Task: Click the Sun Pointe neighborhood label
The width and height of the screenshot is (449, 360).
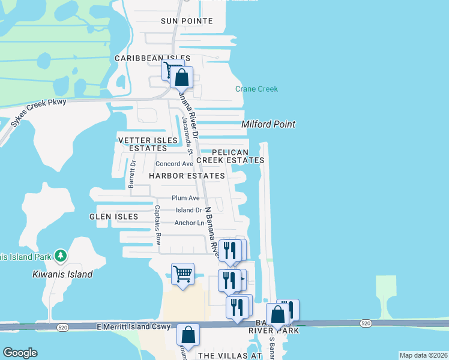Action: [x=187, y=21]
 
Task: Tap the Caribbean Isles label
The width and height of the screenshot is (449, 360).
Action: [x=152, y=58]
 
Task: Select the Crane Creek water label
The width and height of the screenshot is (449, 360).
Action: [x=256, y=89]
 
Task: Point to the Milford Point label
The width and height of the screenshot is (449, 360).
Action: [x=268, y=124]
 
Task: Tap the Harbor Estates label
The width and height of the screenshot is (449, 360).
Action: [x=187, y=176]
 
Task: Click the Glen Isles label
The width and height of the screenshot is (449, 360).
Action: [x=113, y=217]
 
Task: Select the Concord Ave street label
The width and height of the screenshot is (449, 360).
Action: [x=174, y=164]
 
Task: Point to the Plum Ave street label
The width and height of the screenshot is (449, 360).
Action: [x=185, y=198]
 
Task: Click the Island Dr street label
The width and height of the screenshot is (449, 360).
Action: [x=189, y=210]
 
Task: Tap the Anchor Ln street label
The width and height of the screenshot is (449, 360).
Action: [x=189, y=223]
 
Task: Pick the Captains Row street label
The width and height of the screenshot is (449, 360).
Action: [x=157, y=224]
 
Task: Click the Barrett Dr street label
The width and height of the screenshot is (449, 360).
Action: [x=132, y=174]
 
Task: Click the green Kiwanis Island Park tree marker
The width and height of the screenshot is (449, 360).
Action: [x=60, y=256]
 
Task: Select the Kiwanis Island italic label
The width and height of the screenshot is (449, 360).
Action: [x=62, y=274]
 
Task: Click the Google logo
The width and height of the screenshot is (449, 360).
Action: [x=20, y=353]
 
